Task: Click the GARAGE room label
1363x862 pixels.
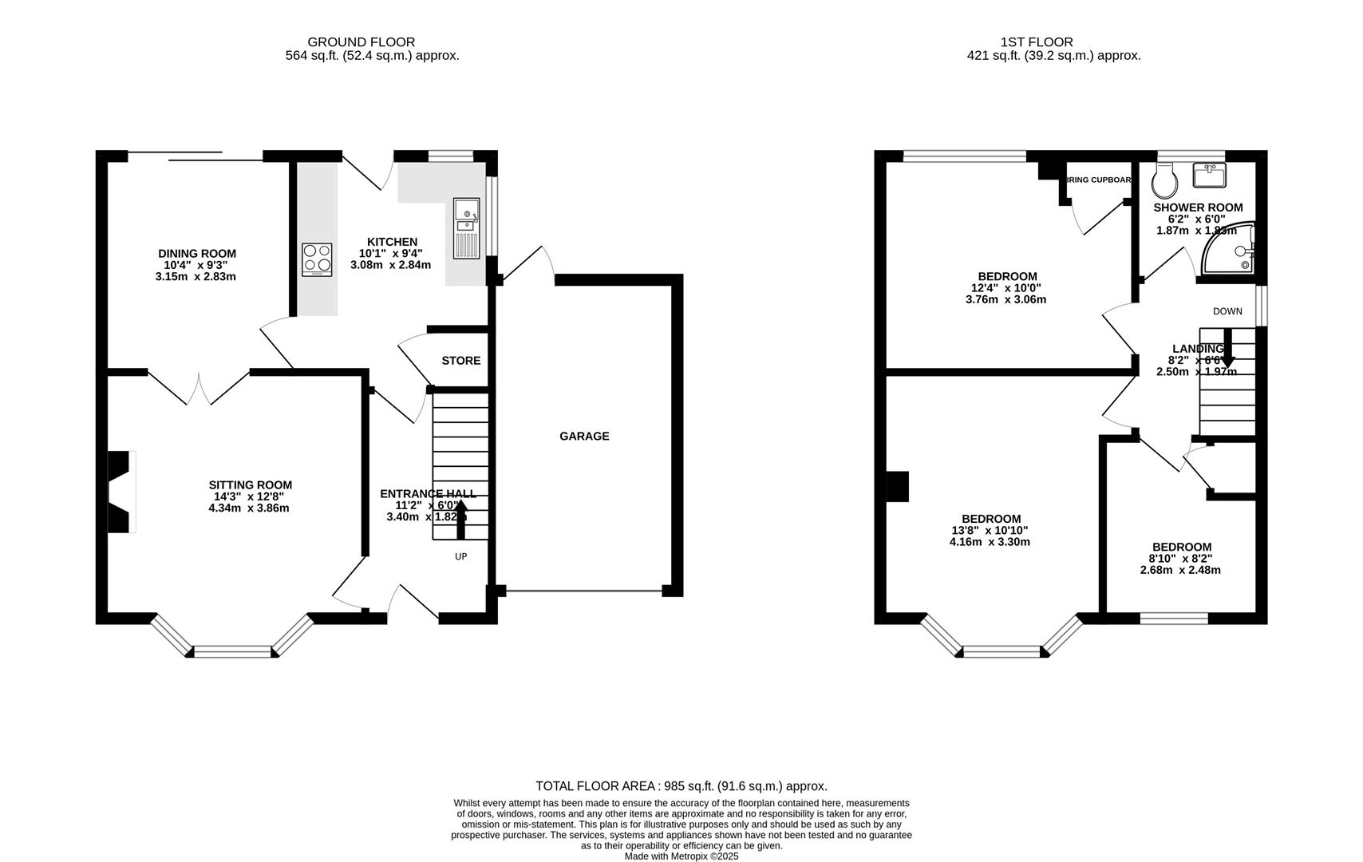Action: (583, 436)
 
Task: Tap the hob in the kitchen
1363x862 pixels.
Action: (317, 259)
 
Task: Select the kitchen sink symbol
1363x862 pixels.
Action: (465, 229)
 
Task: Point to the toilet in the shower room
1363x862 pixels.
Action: (1164, 181)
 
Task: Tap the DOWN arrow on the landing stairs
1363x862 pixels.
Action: (1227, 349)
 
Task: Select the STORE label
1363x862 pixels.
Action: (460, 361)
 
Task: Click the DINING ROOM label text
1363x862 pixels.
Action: (197, 254)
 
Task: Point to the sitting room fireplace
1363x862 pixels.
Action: (120, 492)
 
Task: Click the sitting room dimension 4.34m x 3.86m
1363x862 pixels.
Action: (249, 508)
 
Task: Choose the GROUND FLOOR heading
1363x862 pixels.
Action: (361, 42)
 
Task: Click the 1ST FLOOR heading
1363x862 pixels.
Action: (1037, 42)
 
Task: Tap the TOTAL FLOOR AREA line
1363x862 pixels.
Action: (681, 786)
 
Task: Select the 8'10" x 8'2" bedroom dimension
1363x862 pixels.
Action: (1180, 559)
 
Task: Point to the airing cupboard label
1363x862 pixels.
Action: (1100, 180)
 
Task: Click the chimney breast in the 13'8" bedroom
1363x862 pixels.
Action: (897, 487)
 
